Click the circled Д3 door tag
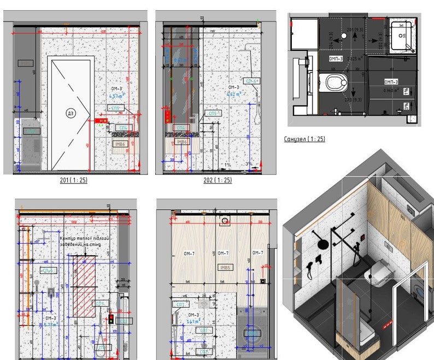coord(71,114)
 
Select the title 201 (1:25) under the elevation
coord(74,180)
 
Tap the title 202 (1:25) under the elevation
coord(218,180)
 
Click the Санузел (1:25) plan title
coord(304,139)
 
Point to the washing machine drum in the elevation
coord(253,334)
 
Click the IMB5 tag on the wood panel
coord(225,268)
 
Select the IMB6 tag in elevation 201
coord(120,144)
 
